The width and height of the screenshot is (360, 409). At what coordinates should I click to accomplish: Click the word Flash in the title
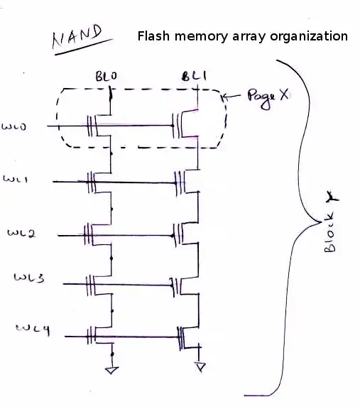[x=153, y=36]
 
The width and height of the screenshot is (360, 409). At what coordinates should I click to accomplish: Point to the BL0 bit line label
[x=105, y=75]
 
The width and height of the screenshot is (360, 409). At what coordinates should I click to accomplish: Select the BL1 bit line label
[x=191, y=76]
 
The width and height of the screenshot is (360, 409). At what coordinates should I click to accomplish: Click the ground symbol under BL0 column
[x=111, y=369]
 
